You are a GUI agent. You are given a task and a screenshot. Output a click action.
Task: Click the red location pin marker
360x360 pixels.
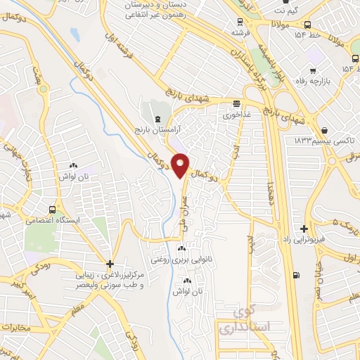[181, 165]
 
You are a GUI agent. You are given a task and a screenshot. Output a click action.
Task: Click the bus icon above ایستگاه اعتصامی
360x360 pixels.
[53, 210]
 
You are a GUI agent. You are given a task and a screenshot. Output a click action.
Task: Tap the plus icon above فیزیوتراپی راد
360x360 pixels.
[303, 229]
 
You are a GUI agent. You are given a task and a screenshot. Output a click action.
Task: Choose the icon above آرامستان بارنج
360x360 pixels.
[157, 120]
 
